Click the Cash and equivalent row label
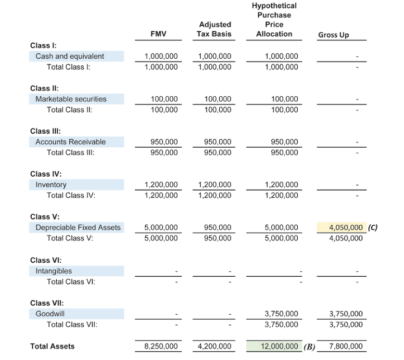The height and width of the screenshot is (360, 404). coord(70,56)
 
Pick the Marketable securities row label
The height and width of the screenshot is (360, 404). coord(71,99)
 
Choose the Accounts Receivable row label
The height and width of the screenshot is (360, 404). coord(71,142)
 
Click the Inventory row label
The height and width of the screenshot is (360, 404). coord(51,185)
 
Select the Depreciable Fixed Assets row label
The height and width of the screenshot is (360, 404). coord(78,228)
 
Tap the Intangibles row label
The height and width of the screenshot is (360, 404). coord(54,271)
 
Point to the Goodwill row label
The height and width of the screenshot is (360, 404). coord(50,314)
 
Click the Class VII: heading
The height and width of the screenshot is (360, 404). coord(47,303)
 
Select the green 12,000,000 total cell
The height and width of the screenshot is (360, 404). coord(275,347)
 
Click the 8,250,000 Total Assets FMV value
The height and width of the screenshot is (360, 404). coord(161,347)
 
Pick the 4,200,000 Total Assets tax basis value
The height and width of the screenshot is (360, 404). coord(214,347)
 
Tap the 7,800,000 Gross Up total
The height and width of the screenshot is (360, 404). coord(345,347)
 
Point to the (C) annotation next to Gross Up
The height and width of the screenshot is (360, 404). coord(372,228)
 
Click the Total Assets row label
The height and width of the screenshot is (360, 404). coord(52,347)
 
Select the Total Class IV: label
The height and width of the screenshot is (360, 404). coord(71,195)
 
